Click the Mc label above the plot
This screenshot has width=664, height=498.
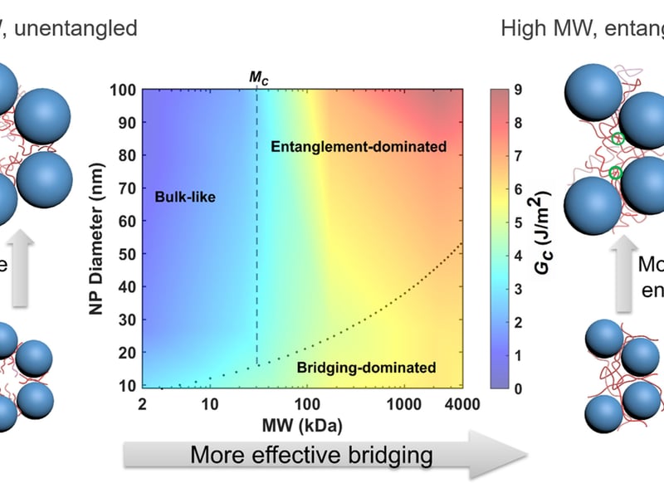(x=259, y=77)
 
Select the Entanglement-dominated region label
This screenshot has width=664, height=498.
(x=359, y=147)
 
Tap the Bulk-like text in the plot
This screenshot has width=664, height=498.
(x=183, y=197)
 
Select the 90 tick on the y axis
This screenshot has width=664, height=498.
(x=124, y=122)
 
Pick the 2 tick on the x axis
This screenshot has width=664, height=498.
(x=143, y=403)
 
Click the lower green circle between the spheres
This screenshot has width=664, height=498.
(x=615, y=173)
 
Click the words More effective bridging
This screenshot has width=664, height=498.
(x=311, y=455)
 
